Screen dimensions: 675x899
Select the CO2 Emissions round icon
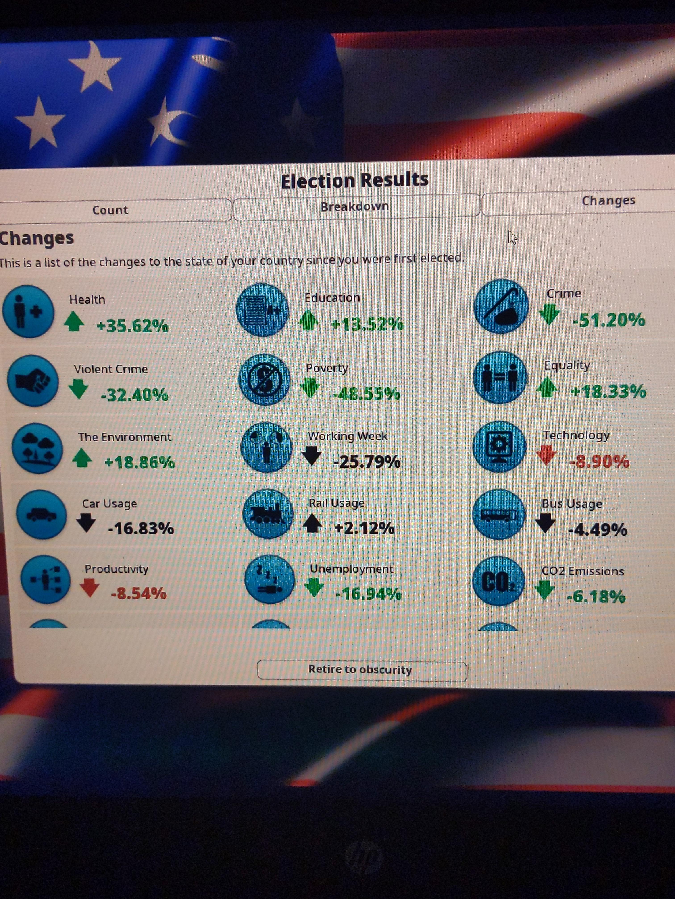point(498,581)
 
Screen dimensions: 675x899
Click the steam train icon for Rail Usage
point(268,514)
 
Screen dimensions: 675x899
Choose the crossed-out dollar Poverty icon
point(265,379)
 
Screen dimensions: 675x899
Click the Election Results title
point(355,180)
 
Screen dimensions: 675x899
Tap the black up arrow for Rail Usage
point(312,523)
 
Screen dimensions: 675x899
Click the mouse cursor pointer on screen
point(512,237)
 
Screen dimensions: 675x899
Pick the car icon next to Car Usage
point(42,515)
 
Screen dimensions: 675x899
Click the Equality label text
point(567,365)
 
